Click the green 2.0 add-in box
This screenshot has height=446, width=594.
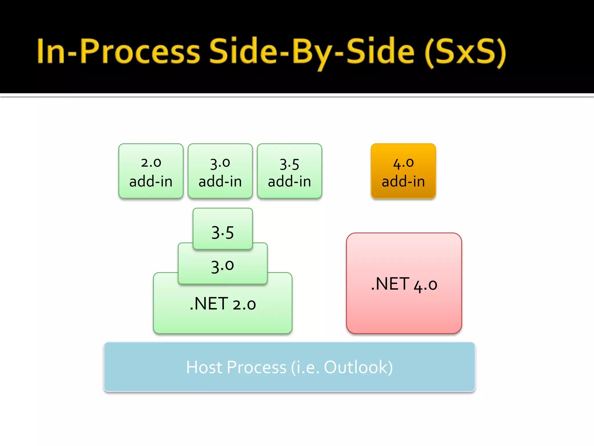pos(151,171)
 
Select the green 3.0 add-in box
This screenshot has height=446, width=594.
pos(220,171)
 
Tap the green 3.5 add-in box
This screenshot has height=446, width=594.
pos(289,171)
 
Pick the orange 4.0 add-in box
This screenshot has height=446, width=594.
pos(403,171)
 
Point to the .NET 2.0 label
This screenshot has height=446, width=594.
pos(223,304)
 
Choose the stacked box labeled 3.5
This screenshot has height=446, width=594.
pos(222,232)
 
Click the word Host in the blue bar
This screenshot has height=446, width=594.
pos(204,367)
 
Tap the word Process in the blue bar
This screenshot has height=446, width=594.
pos(257,367)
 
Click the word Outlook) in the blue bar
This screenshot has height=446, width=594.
pos(358,367)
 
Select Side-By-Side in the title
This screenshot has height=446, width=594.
pos(312,52)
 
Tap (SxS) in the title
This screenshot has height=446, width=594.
pos(465,52)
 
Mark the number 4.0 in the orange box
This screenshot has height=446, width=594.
pos(403,163)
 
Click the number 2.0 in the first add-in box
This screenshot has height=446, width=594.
pos(151,163)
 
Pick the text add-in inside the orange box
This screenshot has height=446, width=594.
pos(403,181)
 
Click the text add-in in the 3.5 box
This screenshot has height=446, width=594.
pos(289,181)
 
